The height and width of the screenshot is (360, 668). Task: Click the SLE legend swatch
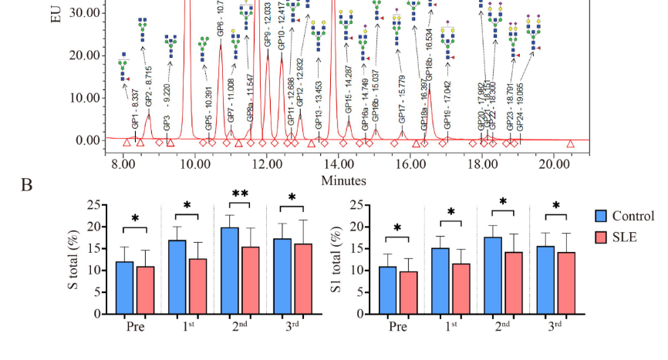[602, 237]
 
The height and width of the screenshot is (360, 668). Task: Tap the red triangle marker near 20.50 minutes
[571, 143]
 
